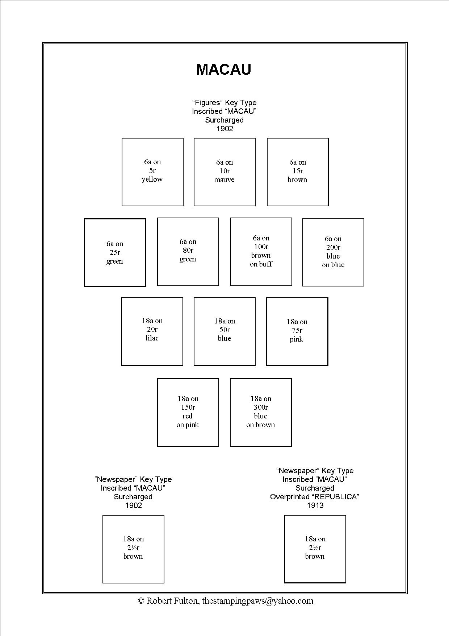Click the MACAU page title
point(223,69)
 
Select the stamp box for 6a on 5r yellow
point(152,172)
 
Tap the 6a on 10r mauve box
point(224,172)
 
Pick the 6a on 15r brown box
point(298,172)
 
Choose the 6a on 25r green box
point(115,252)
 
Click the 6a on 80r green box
point(188,252)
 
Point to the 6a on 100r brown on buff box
point(261,252)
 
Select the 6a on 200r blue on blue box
point(333,252)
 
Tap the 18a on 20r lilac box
point(152,331)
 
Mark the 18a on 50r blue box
point(224,331)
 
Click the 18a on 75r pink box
point(297,331)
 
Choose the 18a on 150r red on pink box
point(188,412)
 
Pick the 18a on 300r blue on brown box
point(261,412)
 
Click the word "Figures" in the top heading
point(207,103)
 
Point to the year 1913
point(315,505)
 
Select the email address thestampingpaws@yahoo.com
point(257,601)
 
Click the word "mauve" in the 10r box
point(224,180)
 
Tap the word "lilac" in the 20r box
point(152,338)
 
